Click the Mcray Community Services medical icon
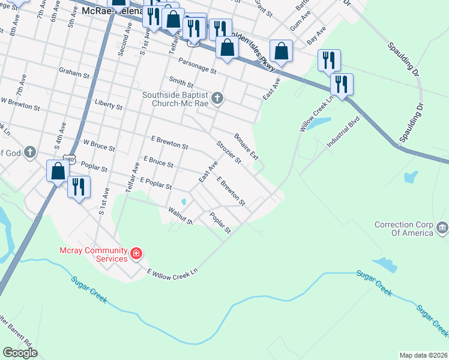click(x=136, y=253)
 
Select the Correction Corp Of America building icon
click(x=442, y=228)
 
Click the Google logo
click(x=20, y=353)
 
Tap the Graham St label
click(x=74, y=71)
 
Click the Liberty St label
click(x=109, y=106)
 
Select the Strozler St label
click(x=228, y=152)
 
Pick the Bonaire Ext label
click(x=246, y=146)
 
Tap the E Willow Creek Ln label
click(x=172, y=272)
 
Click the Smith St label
click(x=181, y=82)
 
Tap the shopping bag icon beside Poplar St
click(x=58, y=172)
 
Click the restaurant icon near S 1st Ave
click(x=79, y=188)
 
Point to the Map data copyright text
click(x=423, y=355)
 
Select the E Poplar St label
click(x=155, y=180)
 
